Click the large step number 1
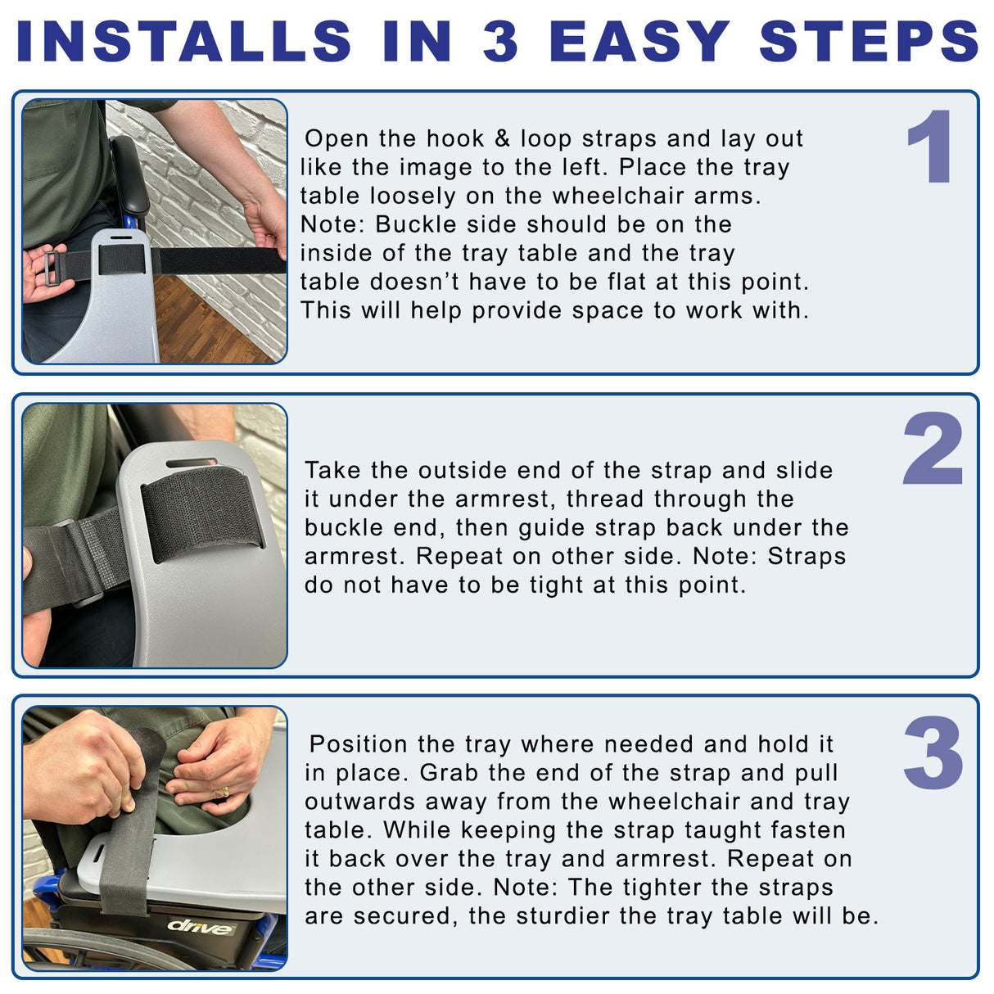pyautogui.click(x=930, y=147)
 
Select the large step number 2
pyautogui.click(x=933, y=448)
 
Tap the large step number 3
pyautogui.click(x=933, y=752)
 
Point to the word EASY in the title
pyautogui.click(x=639, y=41)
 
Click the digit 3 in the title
pyautogui.click(x=500, y=41)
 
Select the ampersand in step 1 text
pyautogui.click(x=502, y=138)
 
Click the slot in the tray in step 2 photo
pyautogui.click(x=191, y=462)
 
